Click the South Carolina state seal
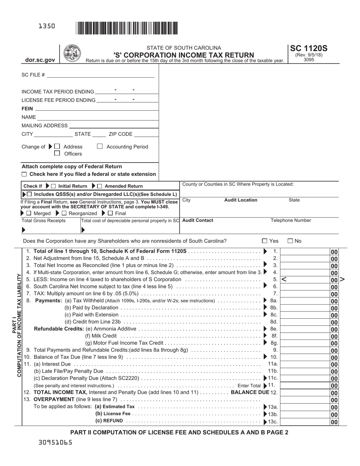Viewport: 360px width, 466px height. point(72,53)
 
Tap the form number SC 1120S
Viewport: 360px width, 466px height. point(308,48)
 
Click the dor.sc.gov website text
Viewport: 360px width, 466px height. point(40,60)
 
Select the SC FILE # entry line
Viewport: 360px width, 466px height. point(100,75)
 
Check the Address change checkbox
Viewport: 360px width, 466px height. point(57,147)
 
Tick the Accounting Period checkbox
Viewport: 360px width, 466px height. point(100,147)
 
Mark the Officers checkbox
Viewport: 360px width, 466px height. point(57,153)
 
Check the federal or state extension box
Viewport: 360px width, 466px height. point(25,174)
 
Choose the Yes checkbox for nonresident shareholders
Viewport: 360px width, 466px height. point(265,241)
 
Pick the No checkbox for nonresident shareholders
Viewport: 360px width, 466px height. point(290,241)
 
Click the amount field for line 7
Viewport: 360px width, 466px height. point(305,294)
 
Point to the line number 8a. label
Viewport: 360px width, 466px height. point(274,300)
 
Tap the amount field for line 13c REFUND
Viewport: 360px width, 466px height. point(305,421)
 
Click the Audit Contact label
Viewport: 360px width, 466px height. point(198,220)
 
